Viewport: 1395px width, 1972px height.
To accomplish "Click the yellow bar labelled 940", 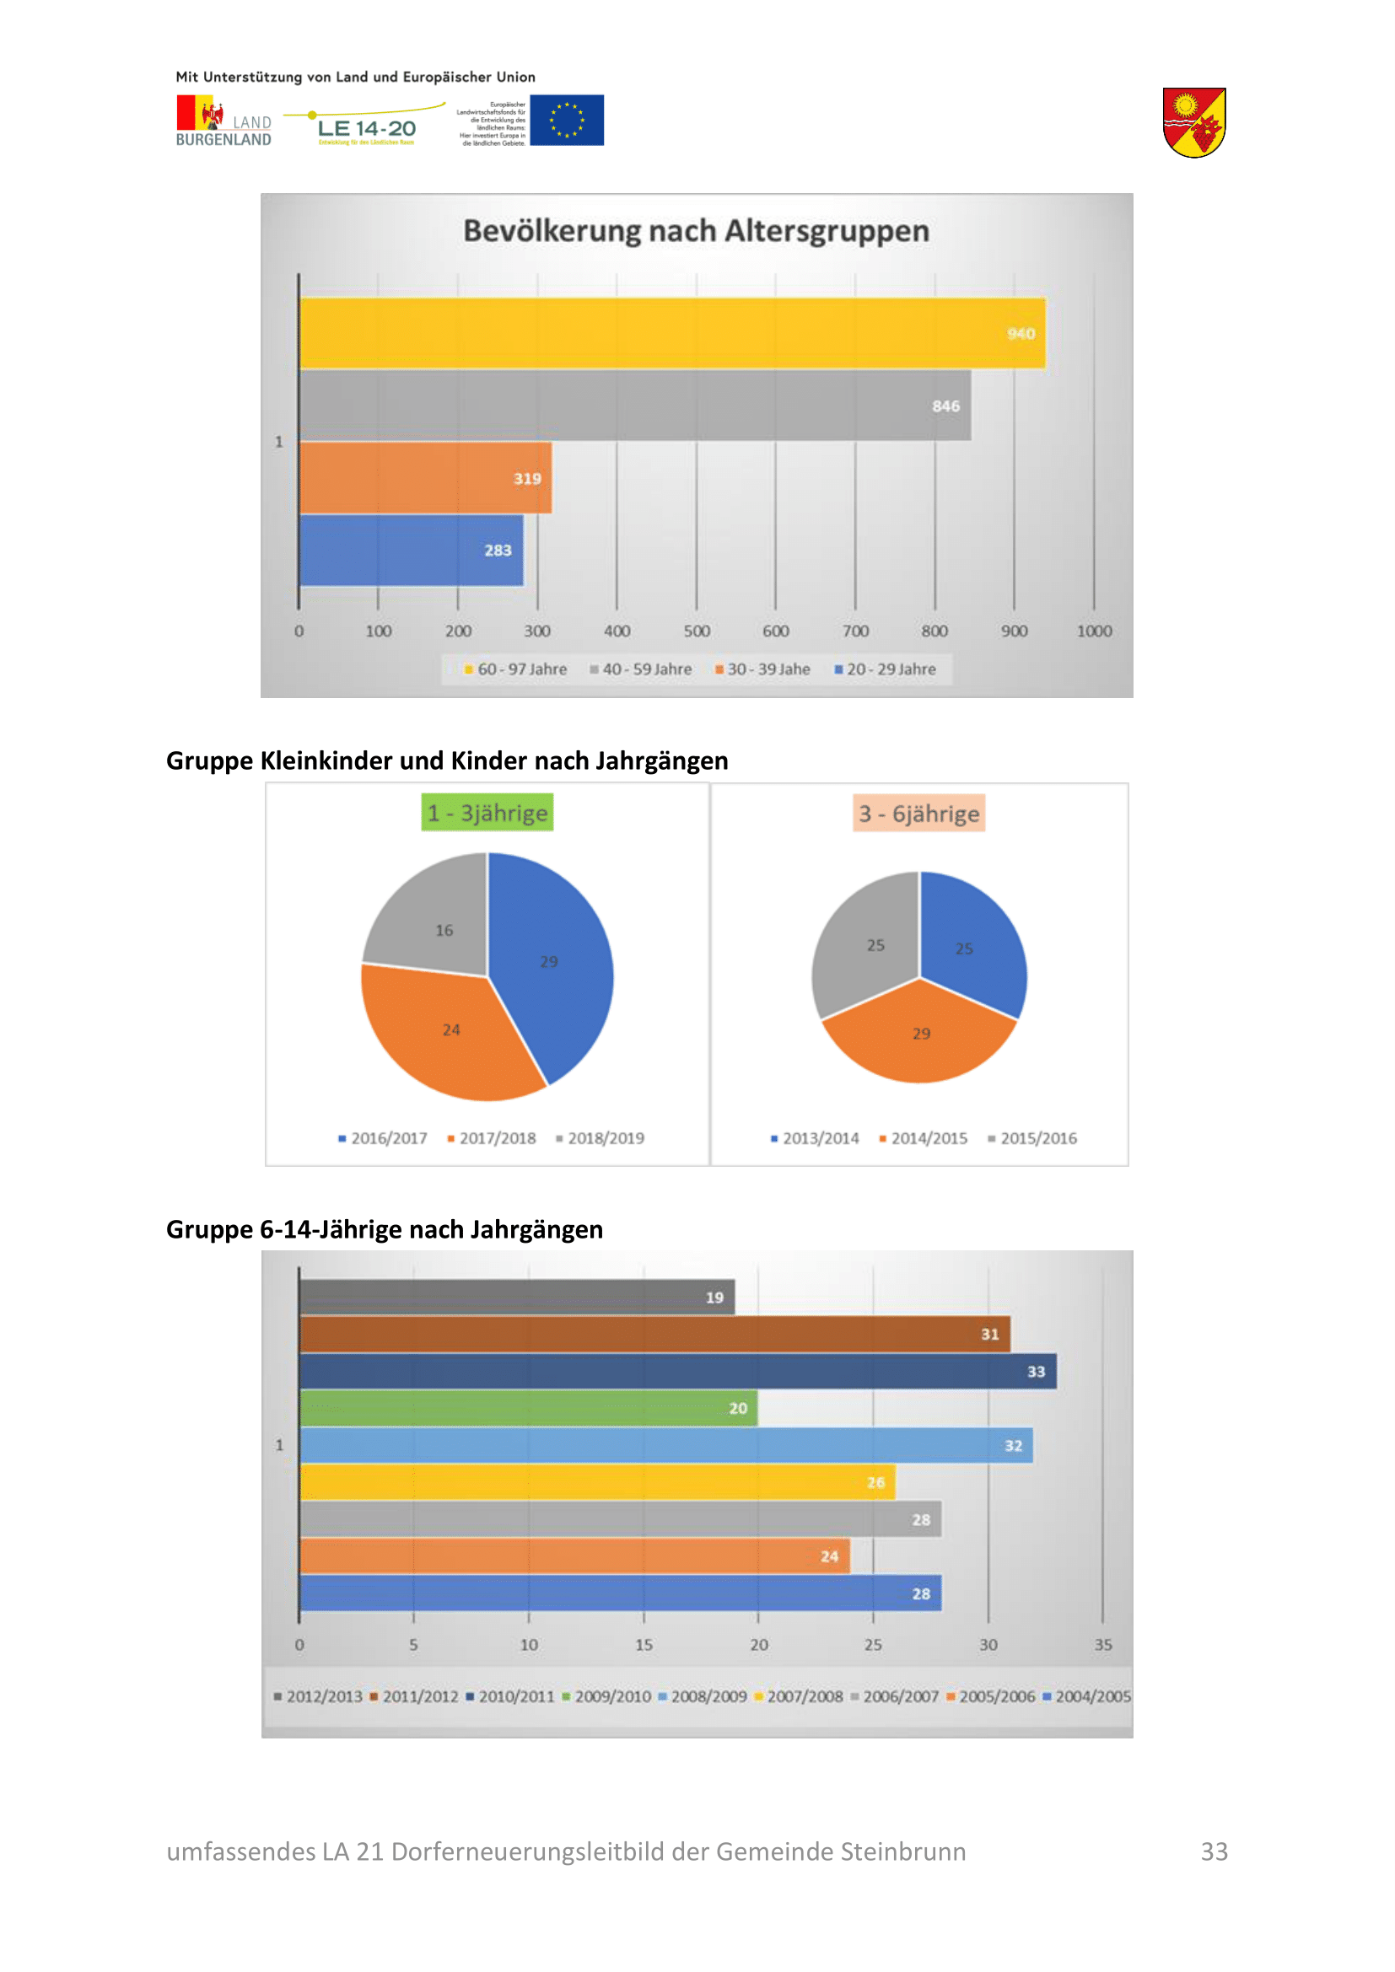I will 670,333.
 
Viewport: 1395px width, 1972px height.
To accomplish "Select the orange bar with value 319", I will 425,477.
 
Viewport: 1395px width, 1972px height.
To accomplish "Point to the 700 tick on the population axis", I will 854,631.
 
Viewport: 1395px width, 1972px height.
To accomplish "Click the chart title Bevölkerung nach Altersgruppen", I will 696,231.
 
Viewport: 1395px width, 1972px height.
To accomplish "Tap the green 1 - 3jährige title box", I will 487,813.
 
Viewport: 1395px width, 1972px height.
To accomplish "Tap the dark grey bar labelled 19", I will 515,1297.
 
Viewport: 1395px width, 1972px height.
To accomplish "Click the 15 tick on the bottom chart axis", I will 644,1645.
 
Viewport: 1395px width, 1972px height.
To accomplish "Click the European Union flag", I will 567,121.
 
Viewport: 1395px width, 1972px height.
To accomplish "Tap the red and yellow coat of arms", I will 1194,122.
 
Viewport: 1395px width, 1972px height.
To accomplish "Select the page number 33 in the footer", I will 1214,1851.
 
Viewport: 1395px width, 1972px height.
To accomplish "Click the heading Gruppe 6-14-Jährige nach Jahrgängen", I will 384,1229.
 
